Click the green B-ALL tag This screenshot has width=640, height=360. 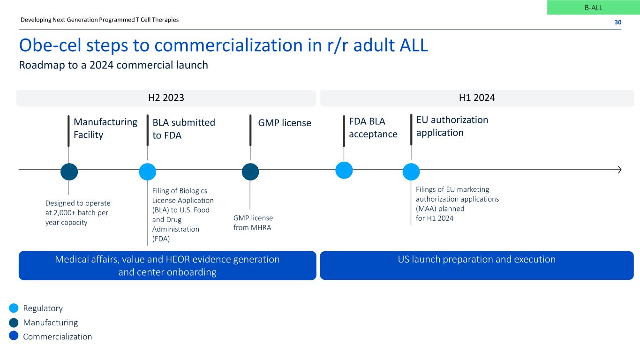tap(593, 7)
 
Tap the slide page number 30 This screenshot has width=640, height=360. tap(617, 22)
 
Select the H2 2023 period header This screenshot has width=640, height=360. tap(166, 98)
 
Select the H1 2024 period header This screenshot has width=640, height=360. tap(476, 98)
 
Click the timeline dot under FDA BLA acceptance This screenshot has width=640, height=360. tap(344, 170)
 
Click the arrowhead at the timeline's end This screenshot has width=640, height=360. tap(620, 170)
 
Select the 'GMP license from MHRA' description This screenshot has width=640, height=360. tap(253, 223)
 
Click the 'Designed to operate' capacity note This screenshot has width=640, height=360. tap(78, 213)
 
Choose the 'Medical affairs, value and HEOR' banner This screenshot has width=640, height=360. tap(167, 265)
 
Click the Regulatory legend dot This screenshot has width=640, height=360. tap(14, 308)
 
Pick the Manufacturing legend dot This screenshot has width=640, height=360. tap(14, 322)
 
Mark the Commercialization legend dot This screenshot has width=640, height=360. tap(14, 336)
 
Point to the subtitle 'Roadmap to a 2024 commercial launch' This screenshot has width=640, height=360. tap(113, 65)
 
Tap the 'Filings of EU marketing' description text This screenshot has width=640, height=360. tap(457, 203)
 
